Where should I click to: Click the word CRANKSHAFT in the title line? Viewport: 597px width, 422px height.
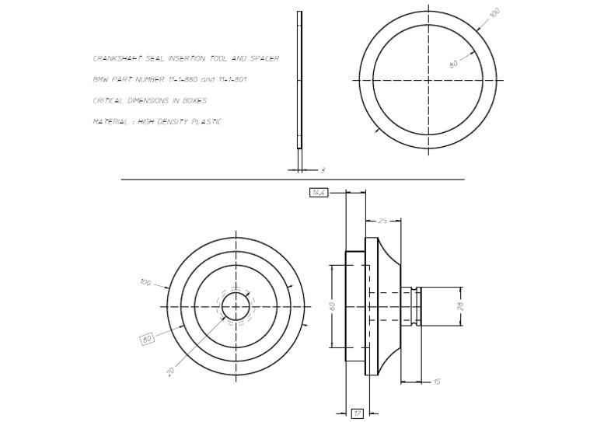pos(116,59)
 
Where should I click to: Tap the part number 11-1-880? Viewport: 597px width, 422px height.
pos(182,80)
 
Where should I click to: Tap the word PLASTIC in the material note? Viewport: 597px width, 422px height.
pos(207,122)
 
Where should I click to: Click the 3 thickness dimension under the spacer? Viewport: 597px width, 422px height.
pos(323,170)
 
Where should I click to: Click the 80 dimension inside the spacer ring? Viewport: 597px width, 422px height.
pos(455,65)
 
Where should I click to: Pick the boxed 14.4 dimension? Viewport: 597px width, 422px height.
pos(318,192)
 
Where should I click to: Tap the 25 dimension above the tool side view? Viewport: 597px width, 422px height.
pos(382,221)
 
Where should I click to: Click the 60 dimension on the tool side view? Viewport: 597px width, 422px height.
pos(333,306)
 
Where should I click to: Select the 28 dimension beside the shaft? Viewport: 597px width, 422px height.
pos(460,306)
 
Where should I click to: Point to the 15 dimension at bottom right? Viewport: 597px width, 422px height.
pos(437,382)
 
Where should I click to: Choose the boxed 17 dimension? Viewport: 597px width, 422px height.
pos(358,413)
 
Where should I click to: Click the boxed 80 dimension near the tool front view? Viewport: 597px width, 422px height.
pos(147,339)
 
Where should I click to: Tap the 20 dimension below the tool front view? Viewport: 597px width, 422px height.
pos(170,371)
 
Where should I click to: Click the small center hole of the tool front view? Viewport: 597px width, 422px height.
pos(236,306)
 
